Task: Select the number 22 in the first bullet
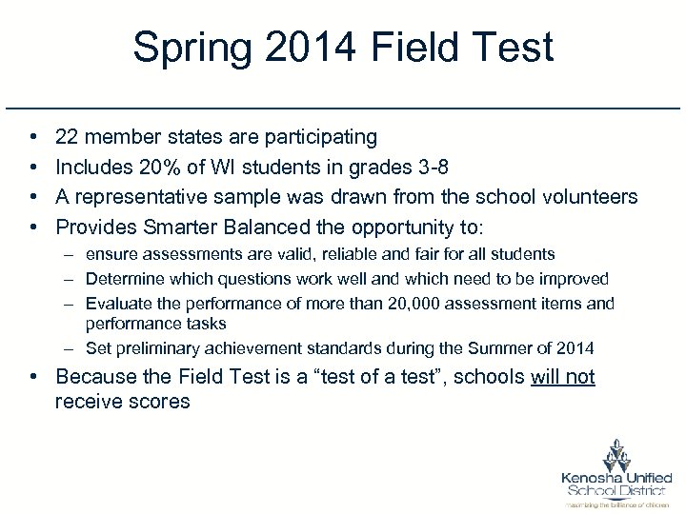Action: (x=68, y=138)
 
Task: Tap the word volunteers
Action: (x=588, y=197)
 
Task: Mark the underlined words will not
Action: (x=562, y=377)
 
